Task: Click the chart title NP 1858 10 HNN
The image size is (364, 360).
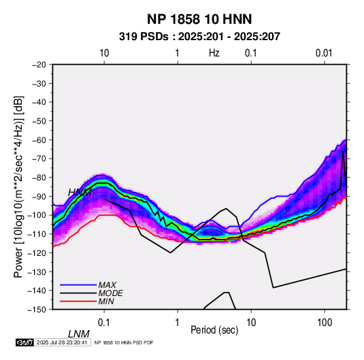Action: coord(199,19)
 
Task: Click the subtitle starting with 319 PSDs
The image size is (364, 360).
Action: coord(199,37)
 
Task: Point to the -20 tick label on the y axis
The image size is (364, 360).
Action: coord(39,65)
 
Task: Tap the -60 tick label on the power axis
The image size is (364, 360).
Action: coord(39,140)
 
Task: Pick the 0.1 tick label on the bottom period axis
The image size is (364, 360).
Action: coord(104,323)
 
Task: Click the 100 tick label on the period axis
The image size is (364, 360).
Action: coord(325,323)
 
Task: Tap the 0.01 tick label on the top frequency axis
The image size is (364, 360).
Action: coord(324,53)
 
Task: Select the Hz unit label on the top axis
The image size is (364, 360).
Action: coord(214,53)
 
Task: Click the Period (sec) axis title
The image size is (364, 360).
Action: coord(214,330)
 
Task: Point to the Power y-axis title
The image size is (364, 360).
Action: coord(18,186)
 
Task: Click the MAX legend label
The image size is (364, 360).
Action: coord(107,285)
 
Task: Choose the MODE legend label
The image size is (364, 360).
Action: coord(110,293)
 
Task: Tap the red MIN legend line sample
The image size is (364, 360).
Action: coord(78,301)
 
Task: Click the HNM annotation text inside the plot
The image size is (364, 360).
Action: coord(80,193)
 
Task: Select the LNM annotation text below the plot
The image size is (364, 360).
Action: coord(79,334)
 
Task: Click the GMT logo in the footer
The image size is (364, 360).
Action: coord(24,342)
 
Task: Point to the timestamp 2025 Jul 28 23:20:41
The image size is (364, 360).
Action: coord(62,342)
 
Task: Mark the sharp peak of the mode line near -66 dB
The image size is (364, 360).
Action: coord(343,151)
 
